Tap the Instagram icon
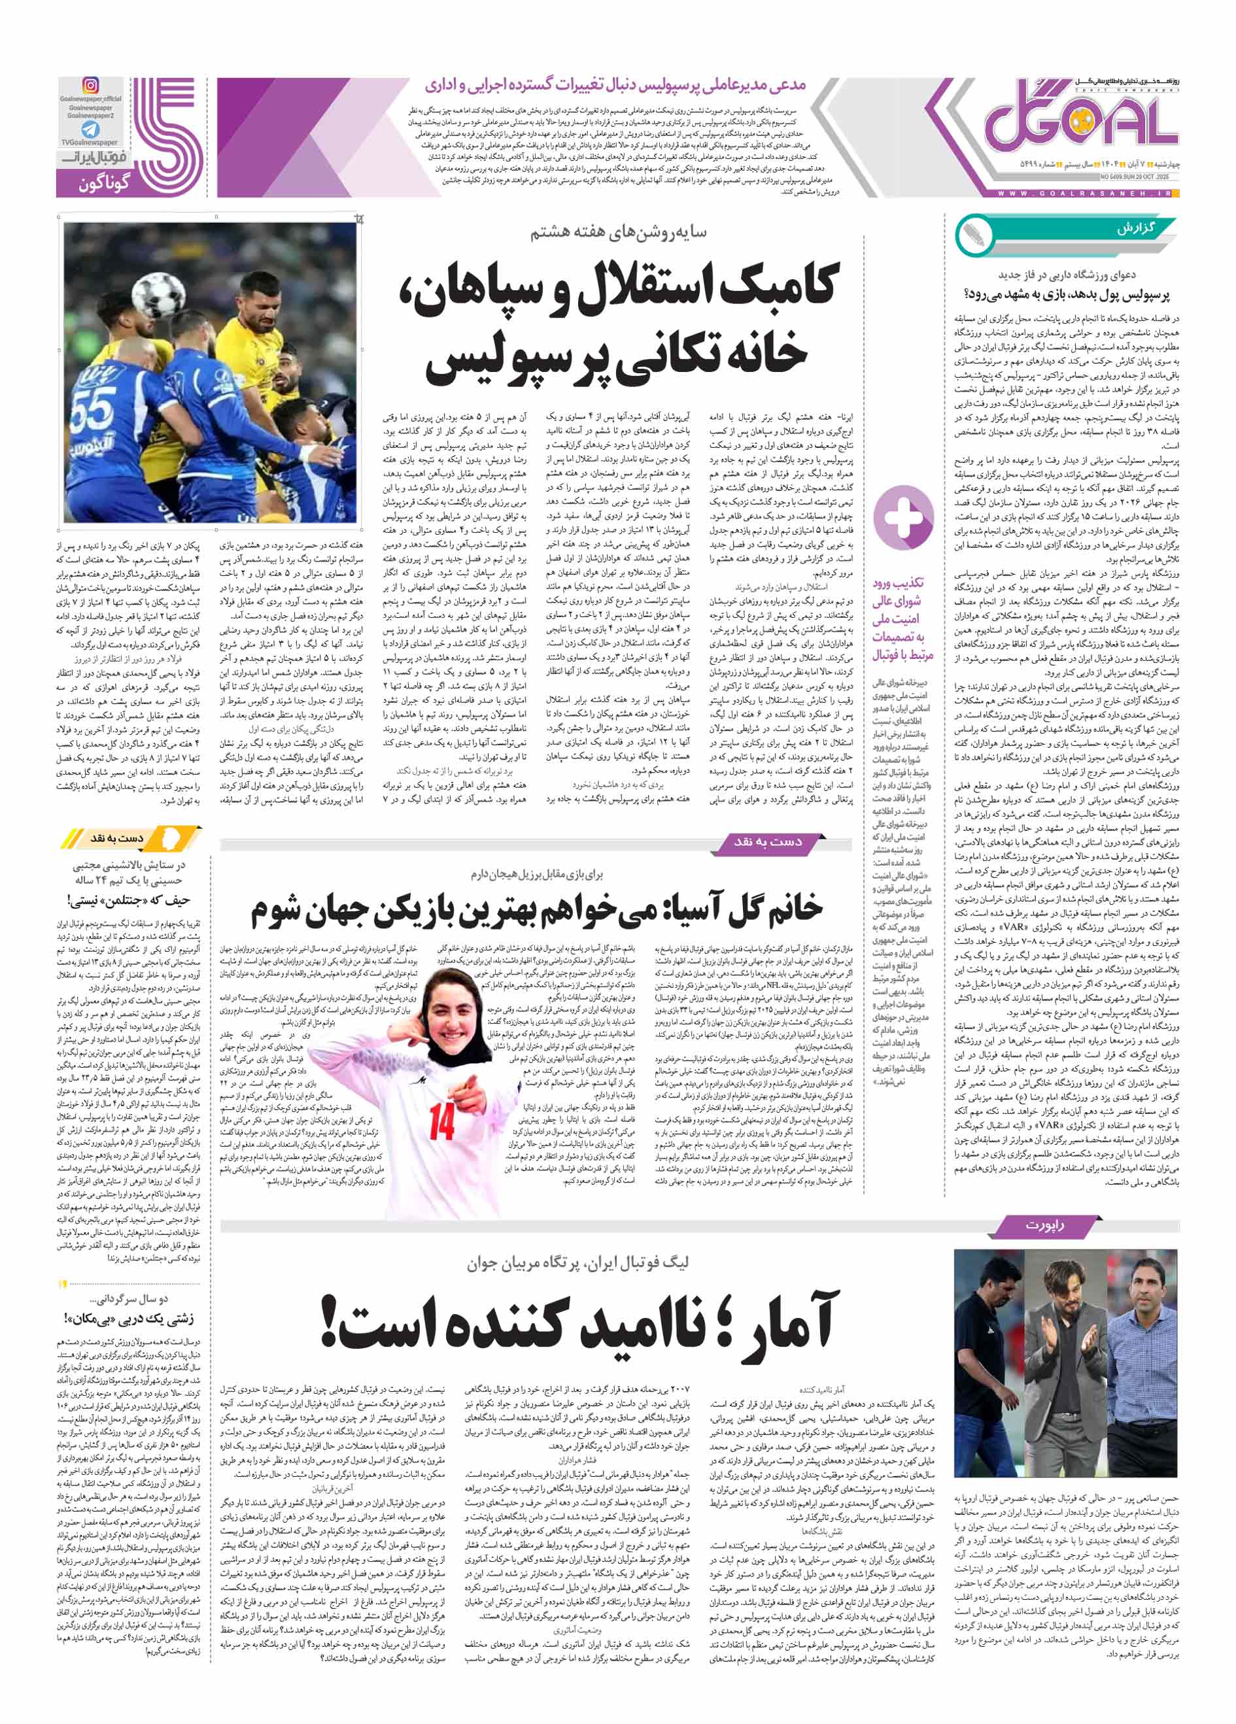[x=90, y=85]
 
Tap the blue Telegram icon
[x=90, y=129]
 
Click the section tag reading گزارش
[x=1136, y=229]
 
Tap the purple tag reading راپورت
[x=1044, y=1225]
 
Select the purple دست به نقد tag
[x=767, y=841]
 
